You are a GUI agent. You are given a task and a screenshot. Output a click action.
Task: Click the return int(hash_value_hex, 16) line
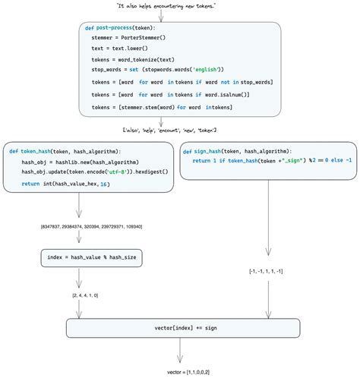65,184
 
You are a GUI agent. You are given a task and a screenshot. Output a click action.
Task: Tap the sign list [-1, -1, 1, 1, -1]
267,271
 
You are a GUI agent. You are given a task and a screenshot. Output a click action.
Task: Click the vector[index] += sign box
180,327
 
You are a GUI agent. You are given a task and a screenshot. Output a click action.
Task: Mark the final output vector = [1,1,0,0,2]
180,371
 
